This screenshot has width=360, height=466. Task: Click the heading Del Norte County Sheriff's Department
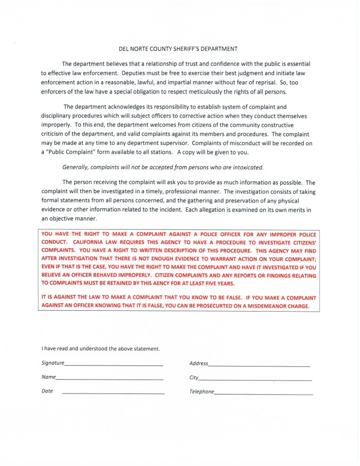(x=175, y=49)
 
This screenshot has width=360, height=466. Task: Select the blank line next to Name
(x=109, y=379)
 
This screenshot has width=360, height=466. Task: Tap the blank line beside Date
(x=113, y=394)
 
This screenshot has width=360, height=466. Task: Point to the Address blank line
(x=259, y=365)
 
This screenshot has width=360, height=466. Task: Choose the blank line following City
(x=255, y=380)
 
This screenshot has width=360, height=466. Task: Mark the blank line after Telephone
(x=264, y=394)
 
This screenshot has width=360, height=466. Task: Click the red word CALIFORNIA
(x=88, y=242)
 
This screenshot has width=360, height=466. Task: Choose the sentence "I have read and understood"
(x=101, y=348)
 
